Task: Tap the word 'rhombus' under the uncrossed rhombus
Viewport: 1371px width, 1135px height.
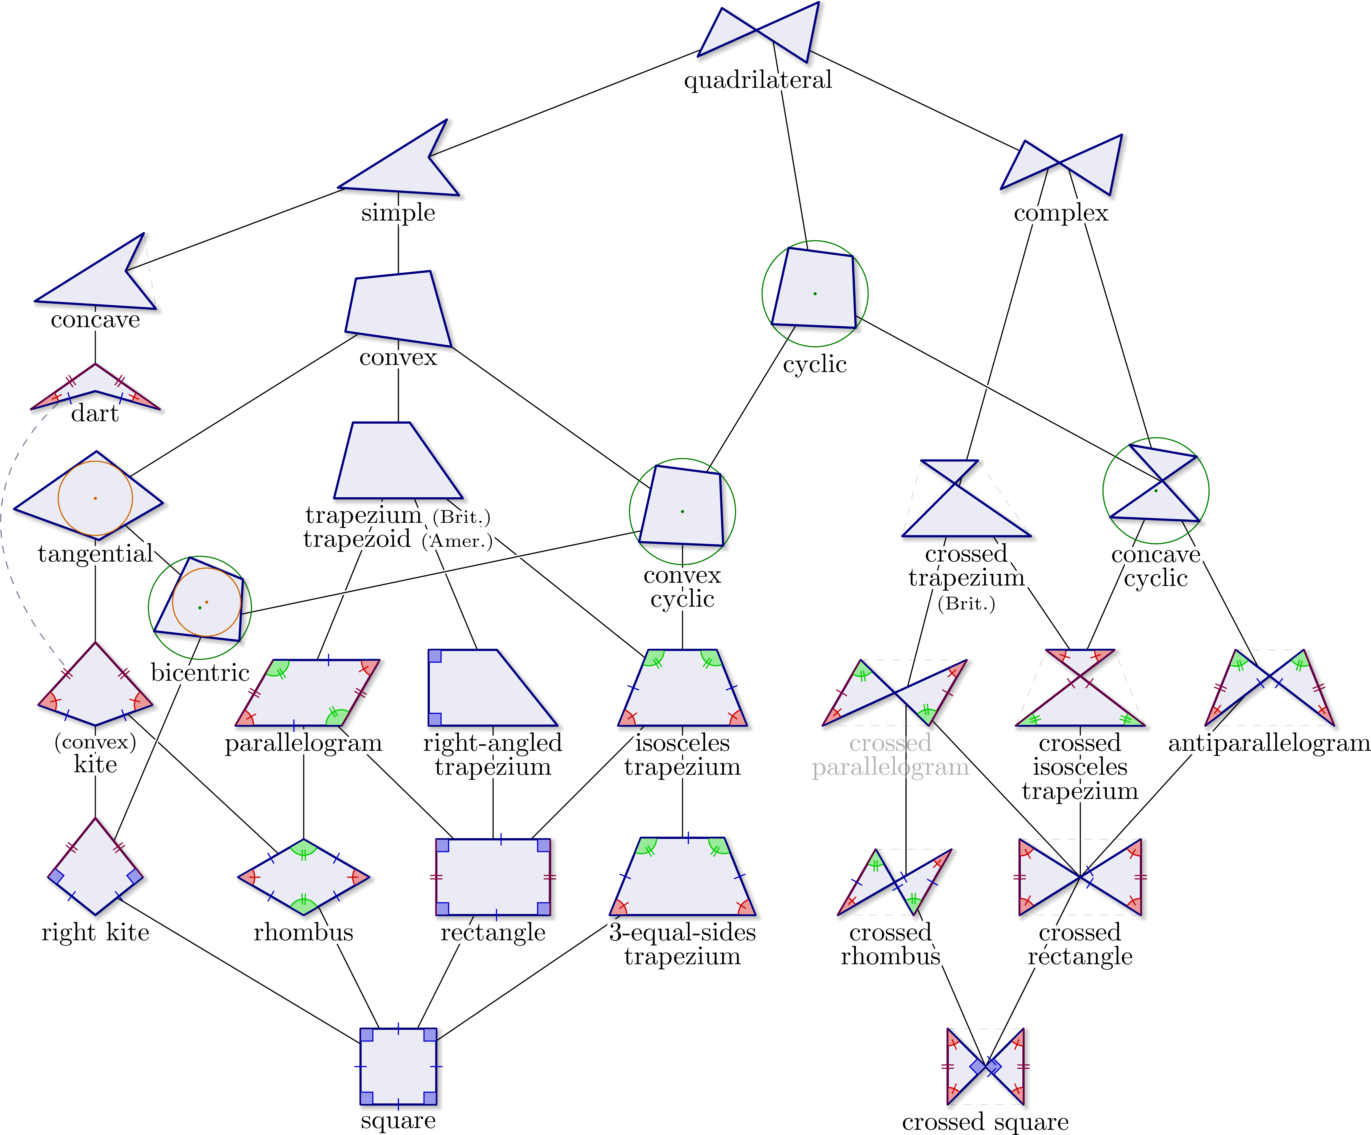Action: (303, 932)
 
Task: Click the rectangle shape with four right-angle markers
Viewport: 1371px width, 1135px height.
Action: (493, 877)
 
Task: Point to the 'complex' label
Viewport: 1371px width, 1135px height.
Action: (1061, 213)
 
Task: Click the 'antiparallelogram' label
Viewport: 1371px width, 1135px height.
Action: (1269, 743)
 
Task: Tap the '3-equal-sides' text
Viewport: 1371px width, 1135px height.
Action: (682, 932)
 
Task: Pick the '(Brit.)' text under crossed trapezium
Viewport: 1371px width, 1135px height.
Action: (966, 604)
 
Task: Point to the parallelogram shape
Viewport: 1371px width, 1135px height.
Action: (307, 692)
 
